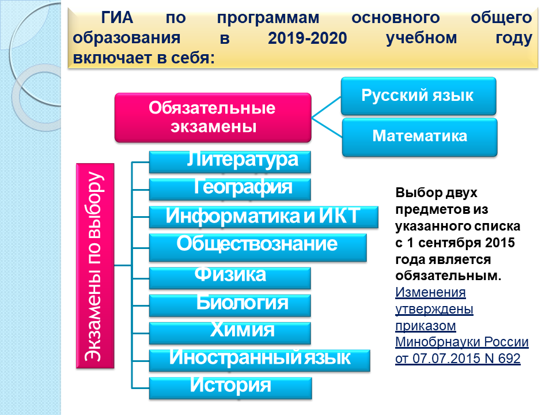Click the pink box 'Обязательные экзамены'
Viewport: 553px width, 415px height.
tap(213, 118)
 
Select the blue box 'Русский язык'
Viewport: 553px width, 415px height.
tap(419, 96)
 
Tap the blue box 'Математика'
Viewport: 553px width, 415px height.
tap(420, 137)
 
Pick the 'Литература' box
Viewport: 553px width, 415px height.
tap(230, 162)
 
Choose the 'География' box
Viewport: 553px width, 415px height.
tap(230, 190)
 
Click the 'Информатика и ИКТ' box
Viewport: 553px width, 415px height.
tap(264, 217)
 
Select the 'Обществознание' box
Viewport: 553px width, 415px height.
tap(258, 247)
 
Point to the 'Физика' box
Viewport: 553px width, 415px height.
tap(230, 278)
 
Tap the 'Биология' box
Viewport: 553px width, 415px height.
tap(230, 305)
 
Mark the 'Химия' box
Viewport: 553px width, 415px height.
tap(230, 333)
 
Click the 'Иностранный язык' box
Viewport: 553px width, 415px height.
tap(260, 360)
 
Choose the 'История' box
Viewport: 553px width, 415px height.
tap(230, 388)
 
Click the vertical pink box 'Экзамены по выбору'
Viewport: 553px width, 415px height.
tap(95, 266)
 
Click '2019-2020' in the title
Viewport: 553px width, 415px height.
tap(308, 38)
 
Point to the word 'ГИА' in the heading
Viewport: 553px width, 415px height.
tap(117, 18)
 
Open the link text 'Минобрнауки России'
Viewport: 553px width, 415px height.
tap(462, 342)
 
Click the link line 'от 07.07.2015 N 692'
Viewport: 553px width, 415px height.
tap(458, 359)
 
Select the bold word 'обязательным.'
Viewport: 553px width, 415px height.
tap(448, 276)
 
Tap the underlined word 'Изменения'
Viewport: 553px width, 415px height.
tap(430, 293)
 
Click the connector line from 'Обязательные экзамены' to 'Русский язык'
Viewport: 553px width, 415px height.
tap(326, 107)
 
